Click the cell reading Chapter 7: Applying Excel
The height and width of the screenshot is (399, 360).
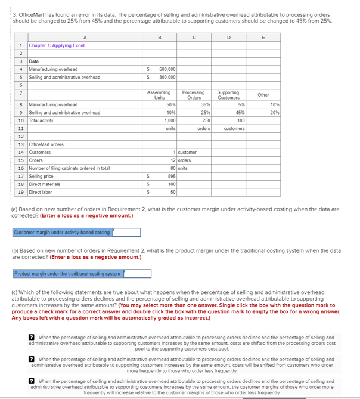[57, 45]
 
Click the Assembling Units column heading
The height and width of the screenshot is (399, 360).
[159, 95]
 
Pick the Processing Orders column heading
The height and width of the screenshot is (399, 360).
[193, 95]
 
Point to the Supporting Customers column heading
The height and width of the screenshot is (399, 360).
[228, 95]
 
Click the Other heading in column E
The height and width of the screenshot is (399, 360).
[263, 95]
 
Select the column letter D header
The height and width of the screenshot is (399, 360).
[229, 37]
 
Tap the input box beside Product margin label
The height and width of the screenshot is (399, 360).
[137, 274]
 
